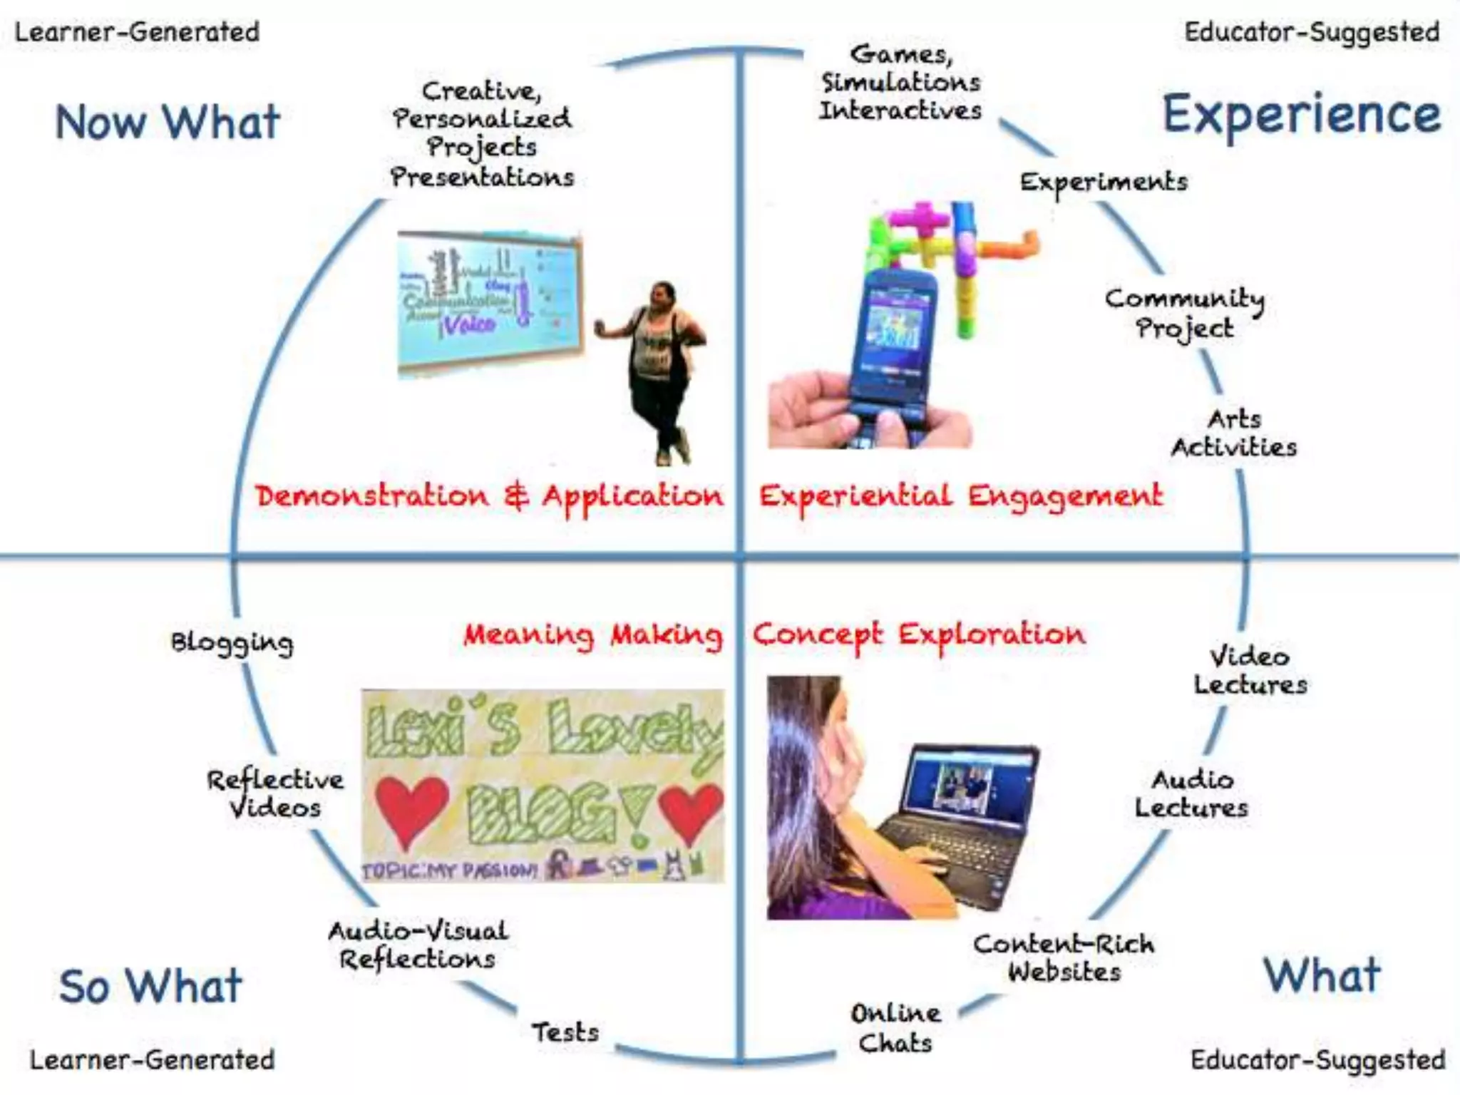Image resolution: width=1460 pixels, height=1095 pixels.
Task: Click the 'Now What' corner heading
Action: tap(168, 122)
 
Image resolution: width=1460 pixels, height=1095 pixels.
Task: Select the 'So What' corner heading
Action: tap(150, 986)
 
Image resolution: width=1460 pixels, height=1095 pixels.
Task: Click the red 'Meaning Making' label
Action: tap(592, 634)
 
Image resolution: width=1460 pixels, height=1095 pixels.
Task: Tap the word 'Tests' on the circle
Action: tap(565, 1032)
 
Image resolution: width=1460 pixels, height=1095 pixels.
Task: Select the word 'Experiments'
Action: tap(1104, 182)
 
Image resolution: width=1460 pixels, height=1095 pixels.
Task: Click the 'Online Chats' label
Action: tap(895, 1028)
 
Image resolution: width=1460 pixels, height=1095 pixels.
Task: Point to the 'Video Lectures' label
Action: tap(1250, 671)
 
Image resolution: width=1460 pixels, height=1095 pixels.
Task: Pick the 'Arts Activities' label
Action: tap(1234, 433)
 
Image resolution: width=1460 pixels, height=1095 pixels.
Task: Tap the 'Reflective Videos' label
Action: tap(275, 793)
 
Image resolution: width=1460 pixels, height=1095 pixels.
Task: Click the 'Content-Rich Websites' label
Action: tap(1064, 957)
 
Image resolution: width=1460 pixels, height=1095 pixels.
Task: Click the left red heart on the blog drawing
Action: tap(411, 810)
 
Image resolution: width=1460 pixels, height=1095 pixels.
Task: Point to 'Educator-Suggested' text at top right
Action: tap(1312, 32)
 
